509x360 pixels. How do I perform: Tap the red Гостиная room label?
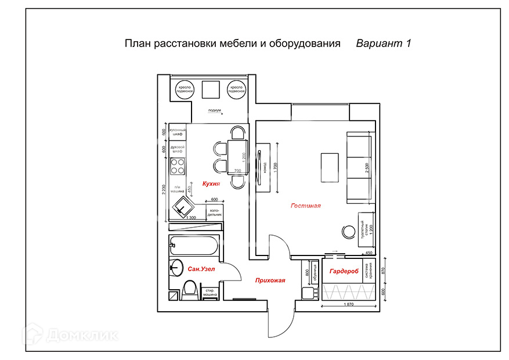click(x=305, y=206)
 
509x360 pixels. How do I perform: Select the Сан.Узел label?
click(x=201, y=269)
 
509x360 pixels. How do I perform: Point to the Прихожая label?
click(x=270, y=281)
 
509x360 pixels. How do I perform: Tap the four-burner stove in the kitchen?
click(x=178, y=167)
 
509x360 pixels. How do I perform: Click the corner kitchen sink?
click(x=185, y=206)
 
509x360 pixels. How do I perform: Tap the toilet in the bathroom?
click(x=189, y=289)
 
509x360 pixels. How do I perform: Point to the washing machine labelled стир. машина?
click(x=210, y=293)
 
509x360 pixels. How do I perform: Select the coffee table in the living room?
click(x=330, y=167)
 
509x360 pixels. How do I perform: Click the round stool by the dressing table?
click(x=348, y=232)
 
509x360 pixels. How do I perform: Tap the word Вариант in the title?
click(x=377, y=44)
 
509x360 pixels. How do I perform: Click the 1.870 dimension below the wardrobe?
click(x=348, y=304)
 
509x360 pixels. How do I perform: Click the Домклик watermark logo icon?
click(x=32, y=334)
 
